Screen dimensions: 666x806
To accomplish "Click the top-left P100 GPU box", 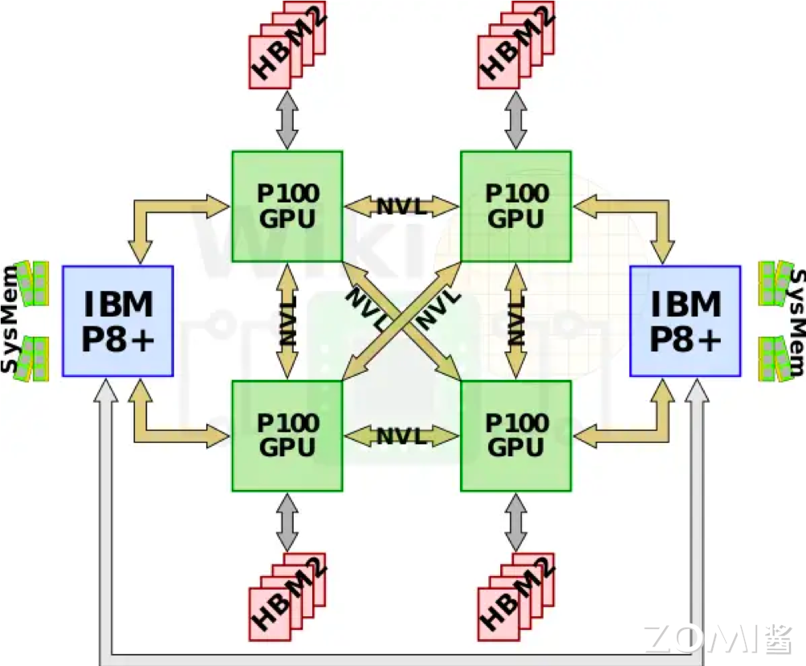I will pos(287,206).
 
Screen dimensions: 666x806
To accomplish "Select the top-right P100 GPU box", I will pos(515,206).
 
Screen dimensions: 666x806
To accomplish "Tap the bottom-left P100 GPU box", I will pos(287,435).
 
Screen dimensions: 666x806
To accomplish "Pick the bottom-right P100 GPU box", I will pos(515,435).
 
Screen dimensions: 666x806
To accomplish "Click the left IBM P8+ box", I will pos(118,321).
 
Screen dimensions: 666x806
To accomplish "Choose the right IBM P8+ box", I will pos(685,321).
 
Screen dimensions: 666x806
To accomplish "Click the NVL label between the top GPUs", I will pos(401,206).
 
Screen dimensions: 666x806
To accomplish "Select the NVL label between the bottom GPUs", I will pos(401,436).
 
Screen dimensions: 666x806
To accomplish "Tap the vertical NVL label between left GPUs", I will pos(287,321).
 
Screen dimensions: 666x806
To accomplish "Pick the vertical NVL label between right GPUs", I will pos(516,321).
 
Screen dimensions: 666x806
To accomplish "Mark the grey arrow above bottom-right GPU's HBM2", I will pos(516,521).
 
